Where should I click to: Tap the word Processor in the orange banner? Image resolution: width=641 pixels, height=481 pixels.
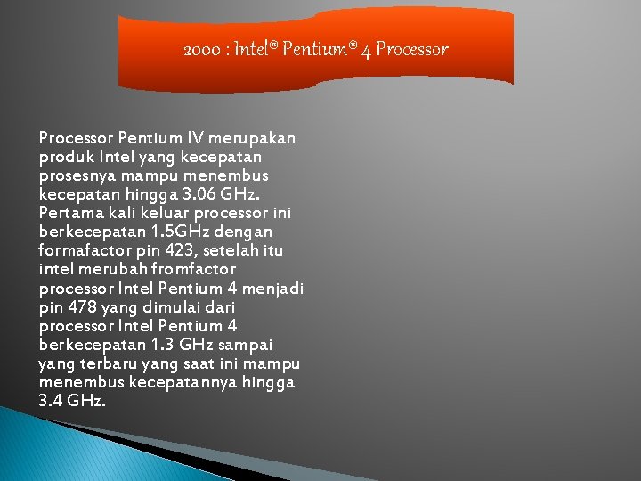pyautogui.click(x=411, y=49)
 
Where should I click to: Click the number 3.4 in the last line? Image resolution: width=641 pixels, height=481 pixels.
pyautogui.click(x=51, y=401)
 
